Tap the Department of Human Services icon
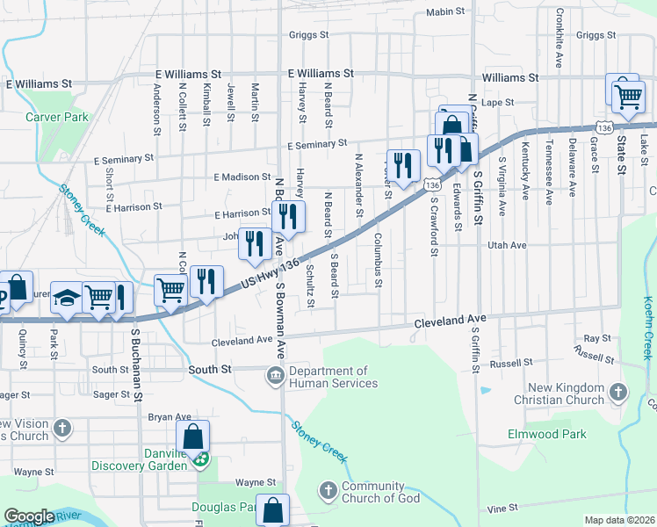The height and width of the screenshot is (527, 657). (x=275, y=377)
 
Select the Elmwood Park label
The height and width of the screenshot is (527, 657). (x=546, y=434)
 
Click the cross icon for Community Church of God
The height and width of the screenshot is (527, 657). (x=328, y=490)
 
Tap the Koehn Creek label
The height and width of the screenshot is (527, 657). (x=647, y=328)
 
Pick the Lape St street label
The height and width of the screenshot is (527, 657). (x=497, y=103)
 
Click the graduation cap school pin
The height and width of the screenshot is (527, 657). (x=65, y=298)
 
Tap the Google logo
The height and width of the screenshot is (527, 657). (x=29, y=516)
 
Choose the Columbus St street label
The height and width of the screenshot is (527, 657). (x=378, y=260)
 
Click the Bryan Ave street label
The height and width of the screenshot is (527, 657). (x=170, y=416)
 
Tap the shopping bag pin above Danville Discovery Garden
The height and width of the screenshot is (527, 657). (x=193, y=437)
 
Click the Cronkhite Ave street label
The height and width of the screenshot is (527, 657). (x=559, y=40)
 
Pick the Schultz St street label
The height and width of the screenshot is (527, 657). (x=311, y=289)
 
